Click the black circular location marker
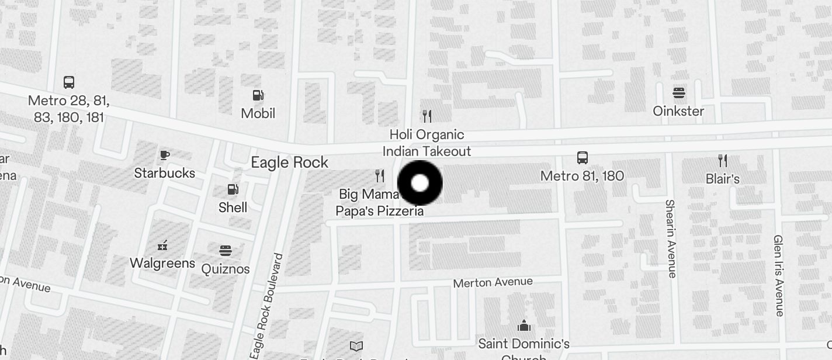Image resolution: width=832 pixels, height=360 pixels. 420,183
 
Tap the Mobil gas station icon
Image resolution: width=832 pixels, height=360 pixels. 258,95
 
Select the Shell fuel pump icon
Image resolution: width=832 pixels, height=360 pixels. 233,189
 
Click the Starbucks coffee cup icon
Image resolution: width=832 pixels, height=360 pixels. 165,155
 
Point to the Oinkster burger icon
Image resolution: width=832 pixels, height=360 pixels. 678,92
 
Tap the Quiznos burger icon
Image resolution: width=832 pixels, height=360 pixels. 226,251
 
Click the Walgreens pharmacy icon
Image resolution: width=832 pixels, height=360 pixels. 162,245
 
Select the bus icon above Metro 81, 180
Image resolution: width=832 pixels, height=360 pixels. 582,157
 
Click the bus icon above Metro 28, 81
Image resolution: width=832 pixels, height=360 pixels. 69,82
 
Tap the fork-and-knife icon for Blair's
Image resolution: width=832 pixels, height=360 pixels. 723,161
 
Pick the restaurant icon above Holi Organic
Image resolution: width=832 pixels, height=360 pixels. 427,116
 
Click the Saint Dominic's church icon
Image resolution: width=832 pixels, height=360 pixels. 524,325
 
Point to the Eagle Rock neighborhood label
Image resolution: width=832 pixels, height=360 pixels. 289,162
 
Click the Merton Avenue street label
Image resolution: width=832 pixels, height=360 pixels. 493,282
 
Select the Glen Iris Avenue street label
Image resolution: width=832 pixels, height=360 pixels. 778,275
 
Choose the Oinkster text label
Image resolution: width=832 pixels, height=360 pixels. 678,111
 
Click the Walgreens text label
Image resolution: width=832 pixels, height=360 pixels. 162,263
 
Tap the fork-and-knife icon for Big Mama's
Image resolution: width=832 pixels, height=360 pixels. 380,175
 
